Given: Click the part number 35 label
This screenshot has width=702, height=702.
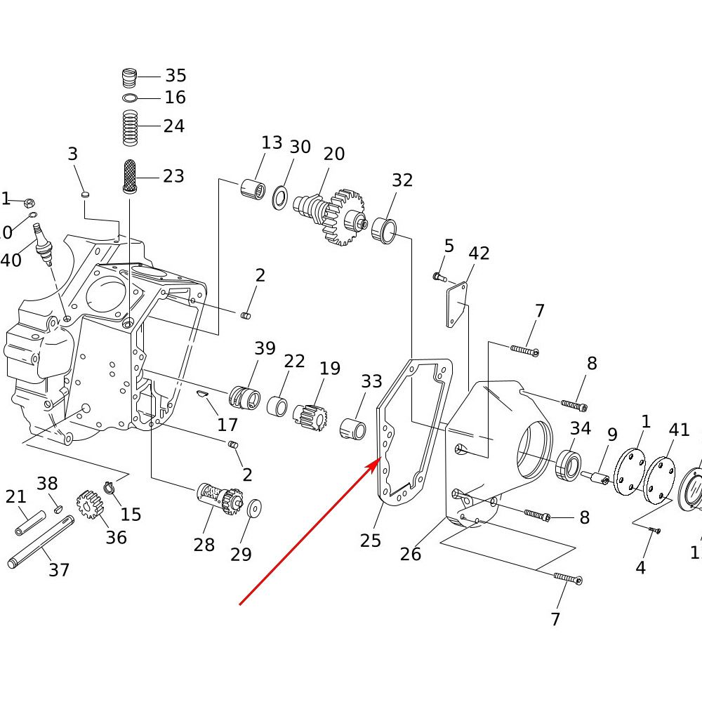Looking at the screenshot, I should coord(175,76).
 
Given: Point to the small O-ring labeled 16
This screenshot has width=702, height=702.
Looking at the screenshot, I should coord(129,98).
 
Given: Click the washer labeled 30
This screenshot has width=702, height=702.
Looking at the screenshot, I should coord(280,197).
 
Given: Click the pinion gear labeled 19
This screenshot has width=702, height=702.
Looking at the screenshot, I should coord(310,416).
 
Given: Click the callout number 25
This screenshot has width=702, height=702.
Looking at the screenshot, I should coord(371,540).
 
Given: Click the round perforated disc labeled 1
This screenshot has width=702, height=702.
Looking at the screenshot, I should coord(629,470).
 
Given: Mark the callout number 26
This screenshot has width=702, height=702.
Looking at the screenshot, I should coord(411,554).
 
